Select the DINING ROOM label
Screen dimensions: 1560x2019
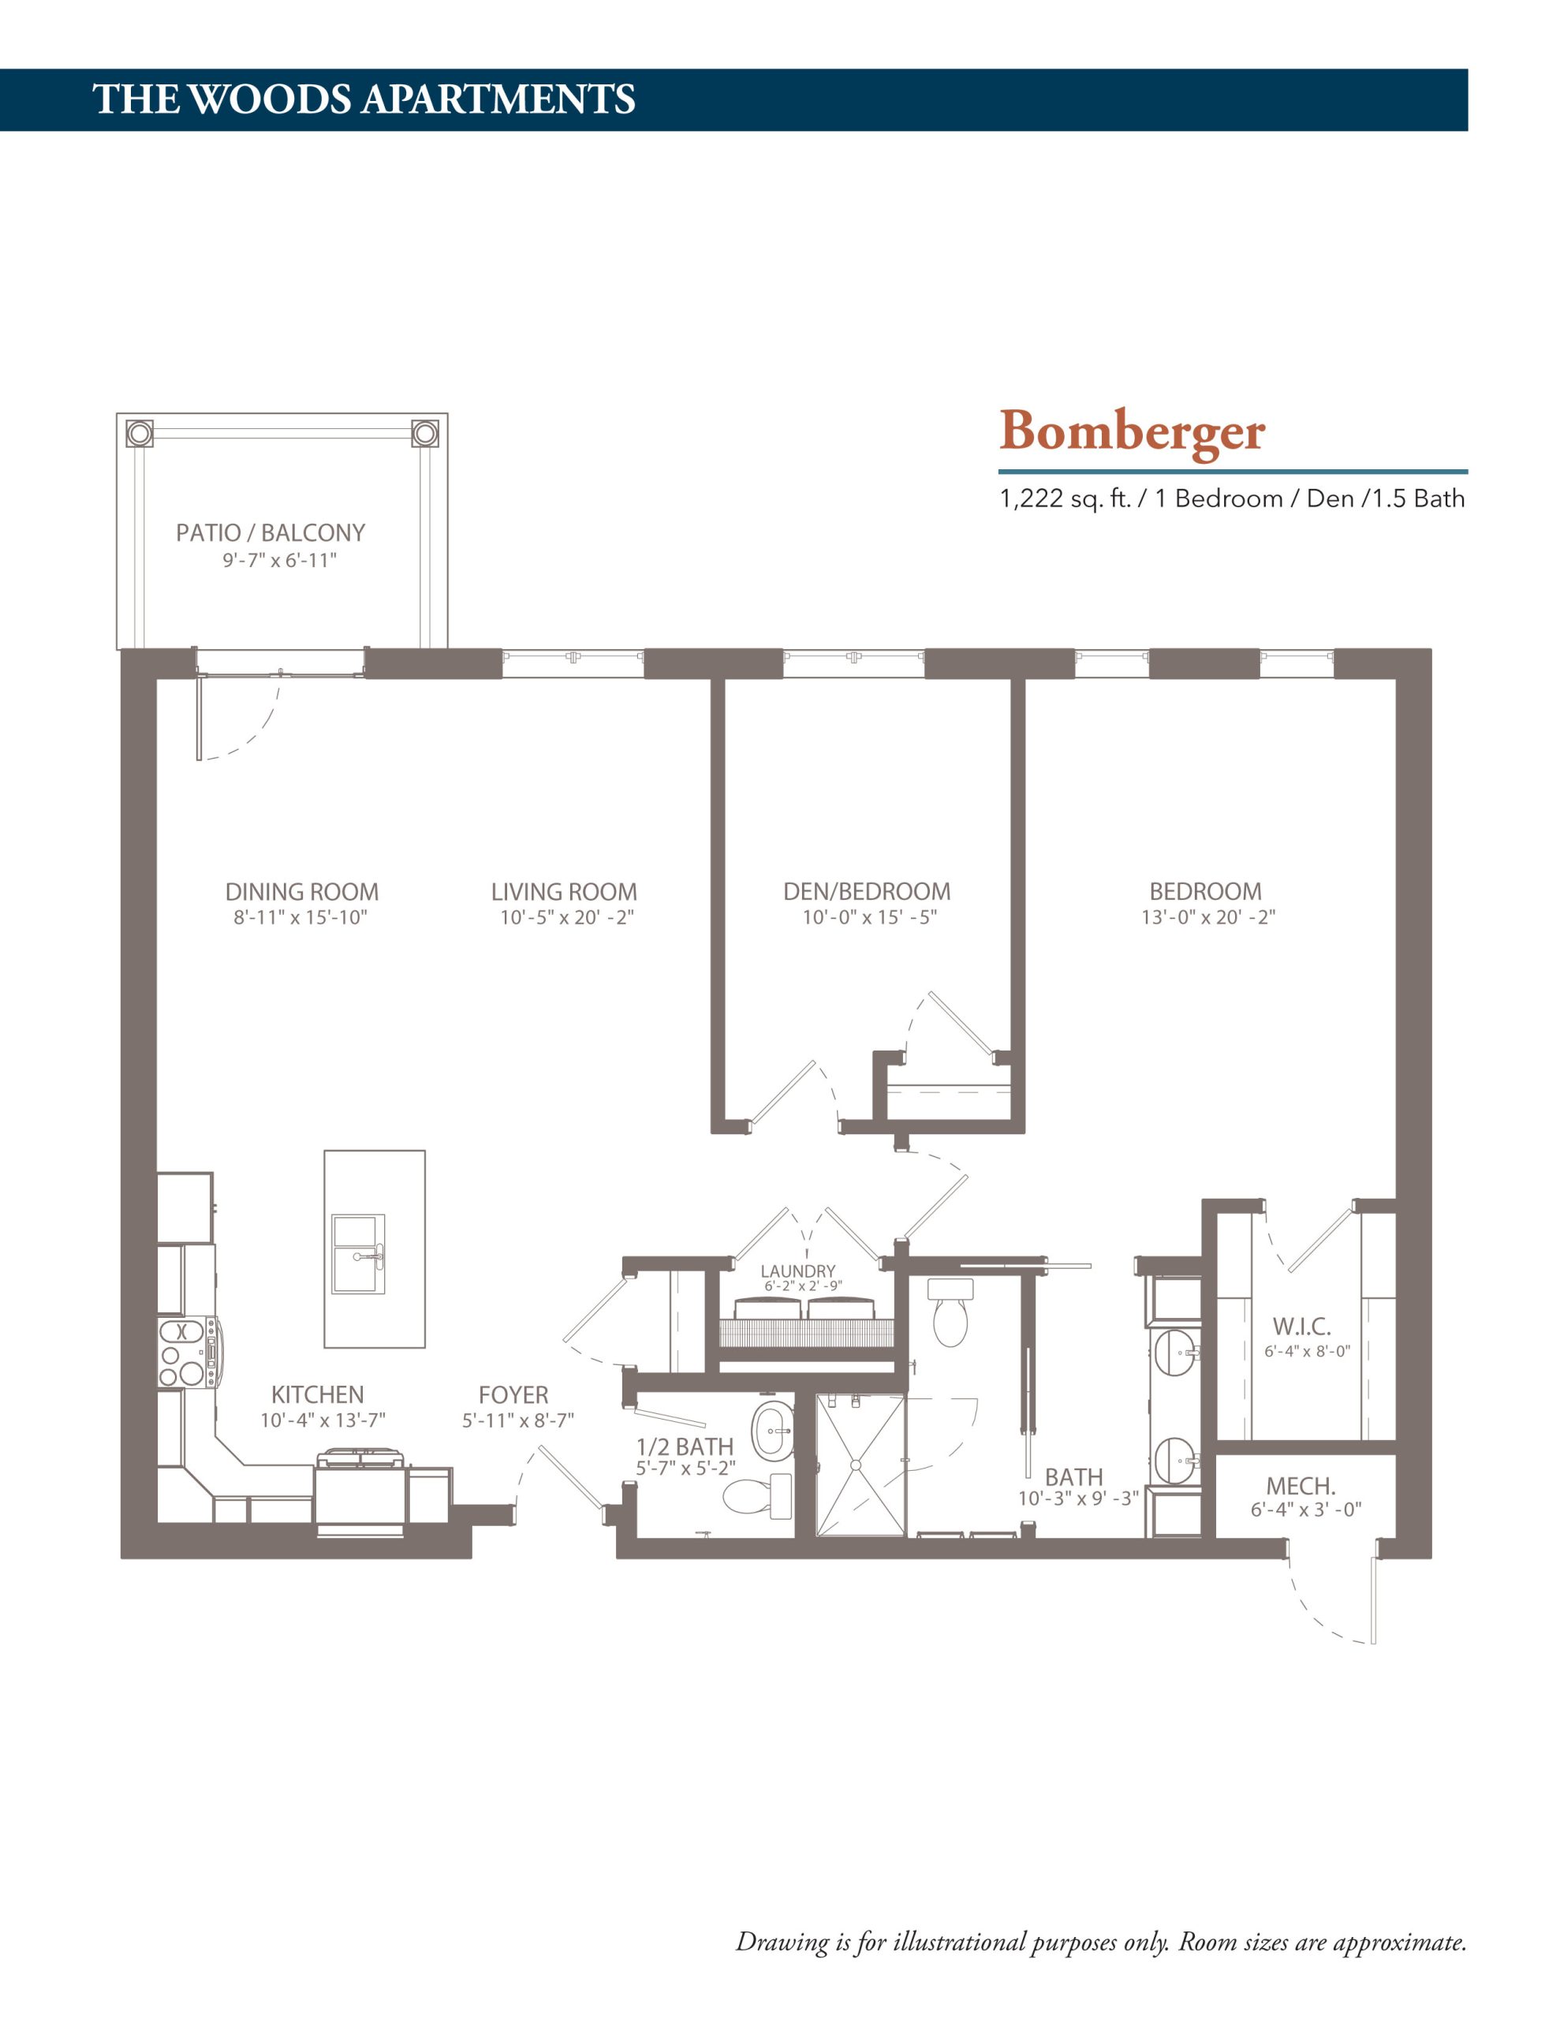coord(301,892)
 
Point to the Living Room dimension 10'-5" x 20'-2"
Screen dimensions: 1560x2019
coord(566,918)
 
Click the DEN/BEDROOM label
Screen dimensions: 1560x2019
coord(867,892)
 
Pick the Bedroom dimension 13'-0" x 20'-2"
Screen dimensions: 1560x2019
coord(1207,918)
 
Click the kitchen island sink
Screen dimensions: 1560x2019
coord(358,1255)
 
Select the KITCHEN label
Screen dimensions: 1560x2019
coord(317,1395)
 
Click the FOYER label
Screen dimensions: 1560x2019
coord(513,1395)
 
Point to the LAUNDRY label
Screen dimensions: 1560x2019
coord(797,1271)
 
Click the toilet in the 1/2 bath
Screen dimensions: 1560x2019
coord(756,1496)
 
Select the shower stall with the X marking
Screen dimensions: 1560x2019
coord(859,1465)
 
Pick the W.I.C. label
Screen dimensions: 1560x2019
coord(1301,1328)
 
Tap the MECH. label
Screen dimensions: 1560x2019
coord(1301,1487)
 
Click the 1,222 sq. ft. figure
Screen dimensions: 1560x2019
coord(1065,499)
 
